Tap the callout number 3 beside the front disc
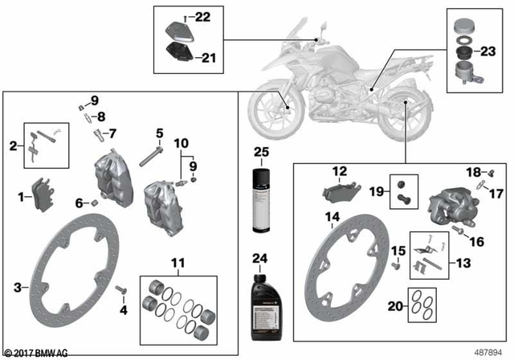click(18, 287)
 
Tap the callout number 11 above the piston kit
click(177, 263)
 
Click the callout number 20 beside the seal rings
click(393, 306)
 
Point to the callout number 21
click(208, 57)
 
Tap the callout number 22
click(202, 17)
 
